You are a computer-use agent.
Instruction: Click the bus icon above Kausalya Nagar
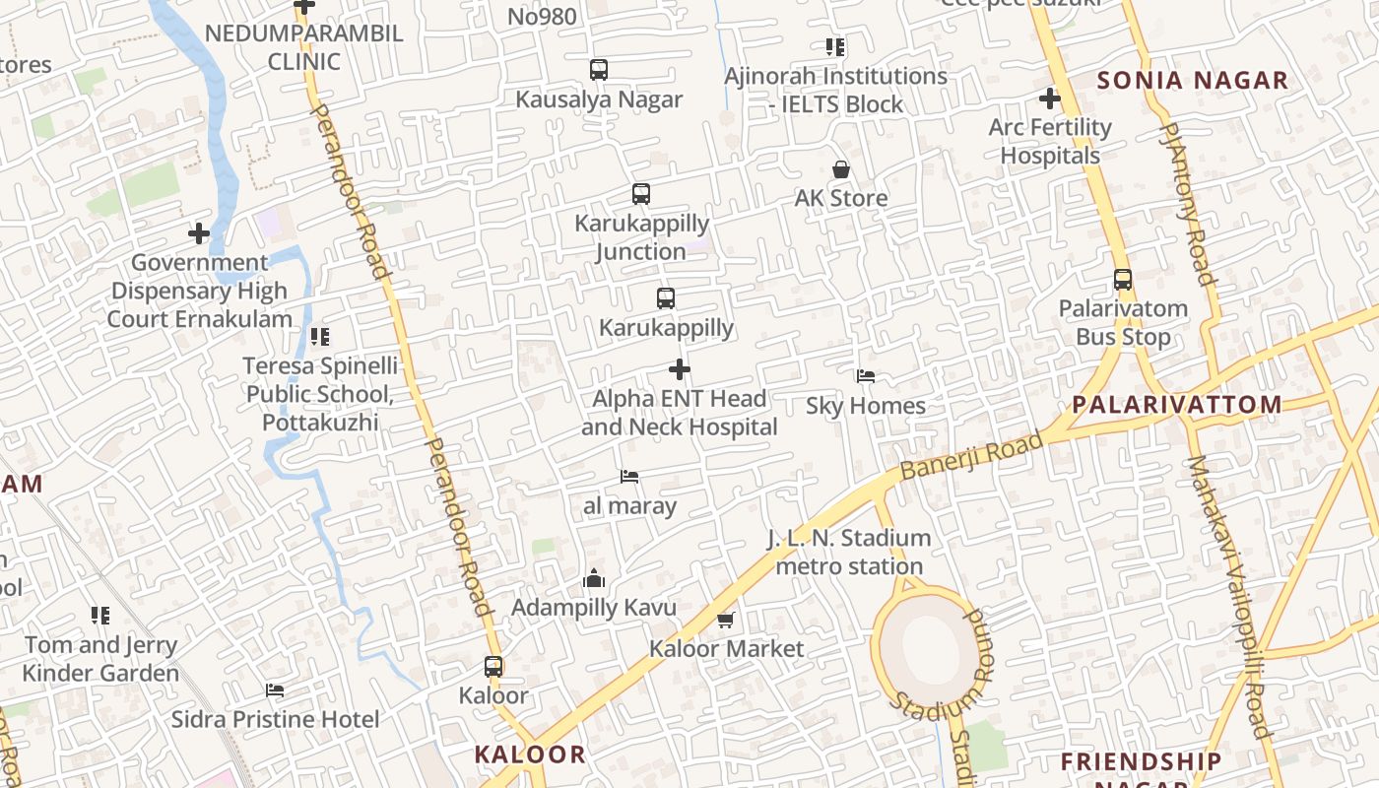598,70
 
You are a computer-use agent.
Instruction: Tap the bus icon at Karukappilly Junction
641,194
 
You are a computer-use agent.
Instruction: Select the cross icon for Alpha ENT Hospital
680,369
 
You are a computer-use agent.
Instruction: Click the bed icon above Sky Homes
865,376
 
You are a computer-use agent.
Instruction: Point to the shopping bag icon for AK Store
841,169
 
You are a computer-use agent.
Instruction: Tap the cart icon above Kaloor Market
726,620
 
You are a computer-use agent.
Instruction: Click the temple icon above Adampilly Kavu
594,579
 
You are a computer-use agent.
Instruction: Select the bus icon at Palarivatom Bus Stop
1123,280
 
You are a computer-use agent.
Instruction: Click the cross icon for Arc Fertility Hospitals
1050,98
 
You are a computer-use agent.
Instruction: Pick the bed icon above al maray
629,477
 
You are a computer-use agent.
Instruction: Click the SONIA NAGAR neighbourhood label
1193,81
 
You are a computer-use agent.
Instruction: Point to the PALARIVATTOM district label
1177,404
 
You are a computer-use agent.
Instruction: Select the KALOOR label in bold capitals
530,755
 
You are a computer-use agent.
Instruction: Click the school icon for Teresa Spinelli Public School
320,337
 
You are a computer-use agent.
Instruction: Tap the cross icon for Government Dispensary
199,233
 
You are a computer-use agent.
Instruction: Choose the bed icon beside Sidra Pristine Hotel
275,690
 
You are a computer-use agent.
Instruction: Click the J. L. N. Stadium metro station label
849,553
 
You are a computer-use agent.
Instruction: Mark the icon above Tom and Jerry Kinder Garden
100,616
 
